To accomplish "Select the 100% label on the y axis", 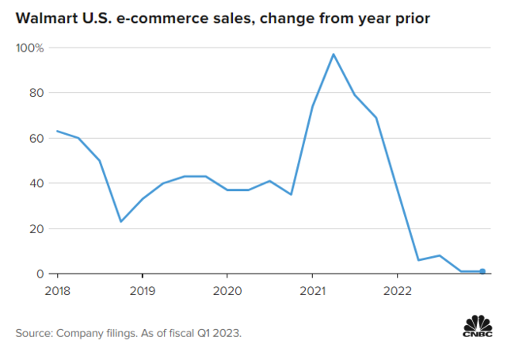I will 30,48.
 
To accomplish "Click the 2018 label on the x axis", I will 58,289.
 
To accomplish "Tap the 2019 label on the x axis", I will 142,289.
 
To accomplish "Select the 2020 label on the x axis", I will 227,289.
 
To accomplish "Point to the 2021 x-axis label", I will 312,289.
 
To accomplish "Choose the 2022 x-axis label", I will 397,289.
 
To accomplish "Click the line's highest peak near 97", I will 334,54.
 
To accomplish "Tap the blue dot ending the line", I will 482,271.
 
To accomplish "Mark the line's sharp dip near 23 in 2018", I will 120,221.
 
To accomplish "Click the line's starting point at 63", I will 57,131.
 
